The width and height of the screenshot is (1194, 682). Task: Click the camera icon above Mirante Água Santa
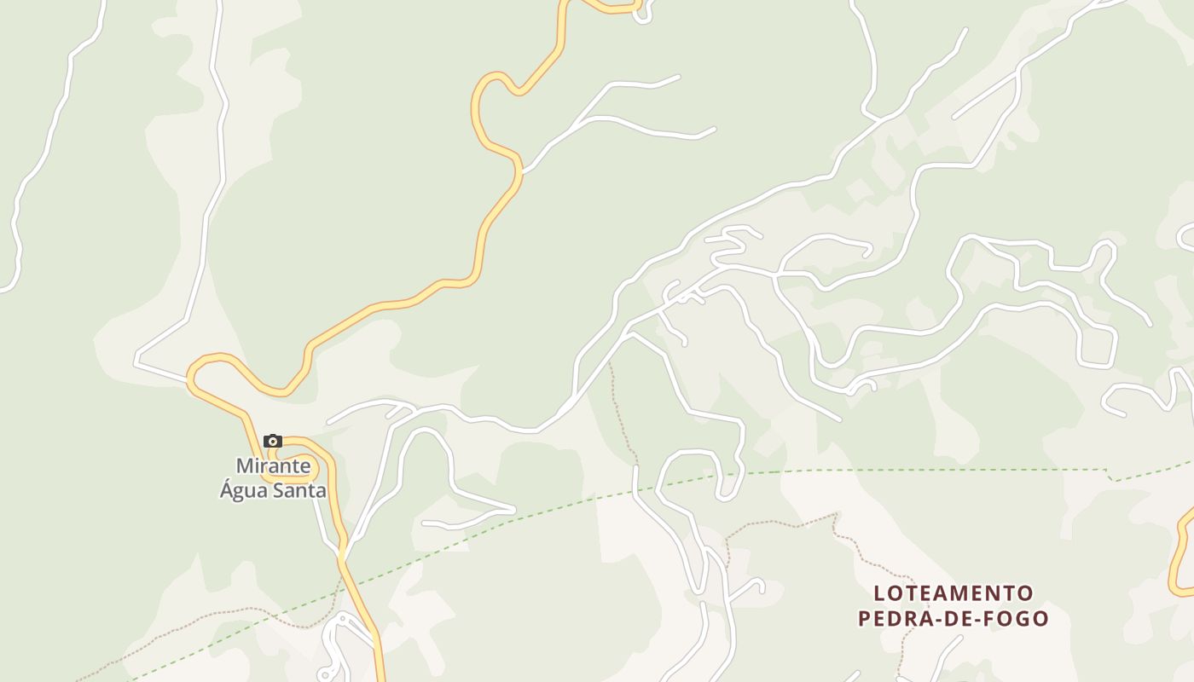tap(273, 441)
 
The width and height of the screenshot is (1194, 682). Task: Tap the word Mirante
tap(273, 466)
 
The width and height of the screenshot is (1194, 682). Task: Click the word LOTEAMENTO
tap(953, 592)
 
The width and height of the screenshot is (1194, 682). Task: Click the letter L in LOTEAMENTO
tap(879, 592)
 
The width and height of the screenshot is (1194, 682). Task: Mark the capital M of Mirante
tap(245, 466)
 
